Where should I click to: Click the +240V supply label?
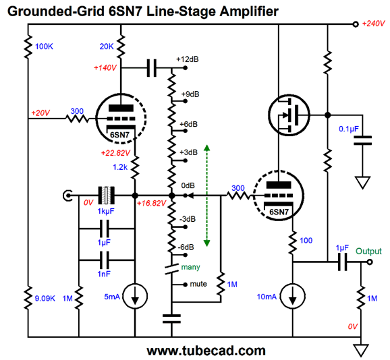point(373,24)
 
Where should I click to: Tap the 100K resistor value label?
point(44,47)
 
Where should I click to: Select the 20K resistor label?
point(107,47)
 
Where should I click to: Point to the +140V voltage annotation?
point(105,68)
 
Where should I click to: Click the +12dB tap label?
point(188,59)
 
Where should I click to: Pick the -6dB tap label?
point(186,247)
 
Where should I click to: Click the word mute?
point(198,284)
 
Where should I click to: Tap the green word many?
point(190,267)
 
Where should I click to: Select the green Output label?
point(368,251)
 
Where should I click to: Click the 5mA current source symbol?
point(135,297)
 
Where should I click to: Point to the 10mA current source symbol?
point(293,297)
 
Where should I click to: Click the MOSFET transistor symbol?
point(289,115)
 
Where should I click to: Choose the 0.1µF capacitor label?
point(349,129)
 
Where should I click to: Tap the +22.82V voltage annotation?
point(115,153)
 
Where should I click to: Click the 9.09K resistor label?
point(45,298)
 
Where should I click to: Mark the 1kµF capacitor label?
point(106,211)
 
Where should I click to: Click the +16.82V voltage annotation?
point(151,203)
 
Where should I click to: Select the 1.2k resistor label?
point(120,167)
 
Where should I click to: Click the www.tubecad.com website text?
point(206,351)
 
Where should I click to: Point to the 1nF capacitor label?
point(104,274)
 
